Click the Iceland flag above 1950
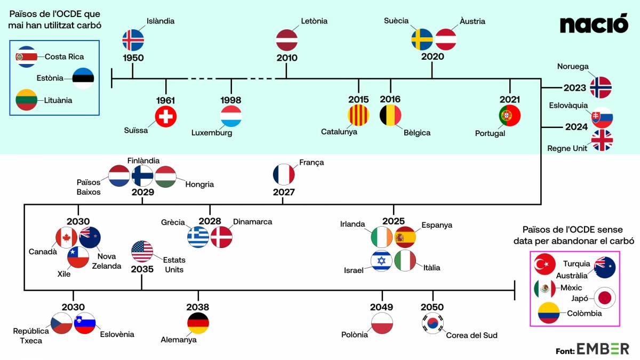(x=133, y=41)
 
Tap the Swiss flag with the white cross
(x=166, y=116)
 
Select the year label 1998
(x=231, y=100)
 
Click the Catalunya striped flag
(x=358, y=115)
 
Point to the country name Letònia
(x=314, y=21)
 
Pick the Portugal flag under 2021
(x=510, y=115)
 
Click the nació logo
(x=594, y=23)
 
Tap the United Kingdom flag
(x=602, y=140)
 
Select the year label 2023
(x=574, y=87)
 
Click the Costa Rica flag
(x=27, y=57)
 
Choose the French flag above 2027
(x=284, y=174)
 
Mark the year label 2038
(x=198, y=307)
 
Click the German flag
(x=198, y=323)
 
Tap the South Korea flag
(x=433, y=323)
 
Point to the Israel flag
(x=381, y=261)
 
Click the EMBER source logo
(x=603, y=349)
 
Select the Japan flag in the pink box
(x=605, y=298)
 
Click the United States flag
(x=142, y=252)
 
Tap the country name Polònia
(x=355, y=334)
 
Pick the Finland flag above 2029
(x=142, y=176)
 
